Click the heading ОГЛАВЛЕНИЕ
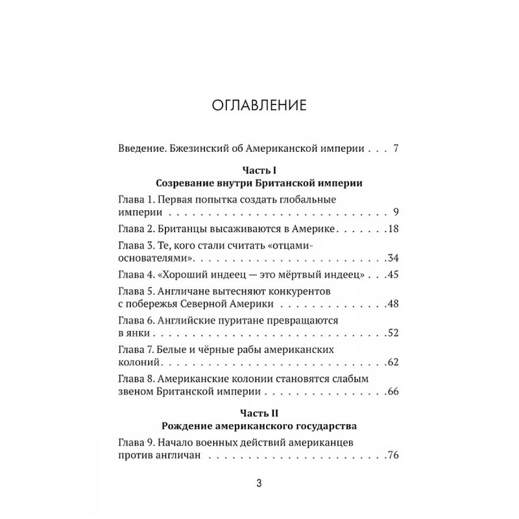[259, 105]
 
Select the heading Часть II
[259, 413]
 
